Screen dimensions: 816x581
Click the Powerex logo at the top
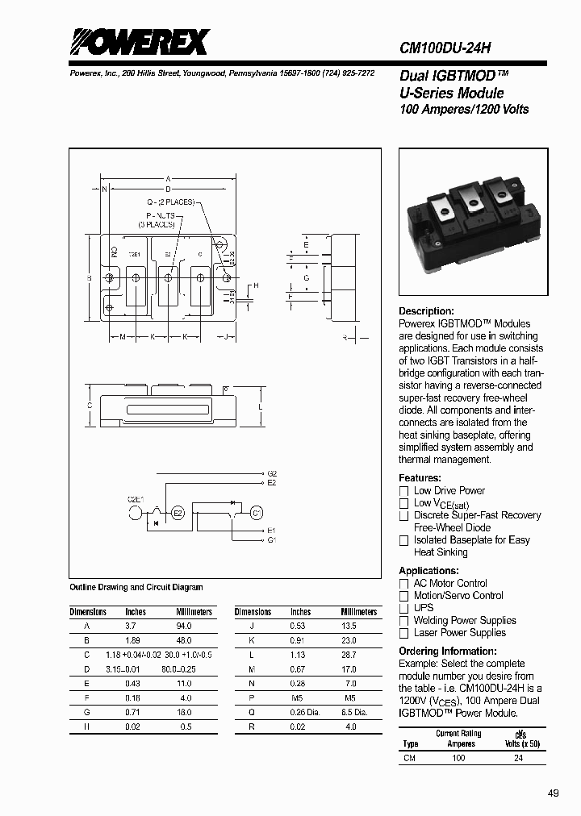139,41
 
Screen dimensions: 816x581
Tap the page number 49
553,793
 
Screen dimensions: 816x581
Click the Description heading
427,311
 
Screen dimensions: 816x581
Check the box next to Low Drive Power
404,491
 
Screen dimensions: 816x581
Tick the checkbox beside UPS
404,608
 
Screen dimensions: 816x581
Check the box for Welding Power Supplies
404,621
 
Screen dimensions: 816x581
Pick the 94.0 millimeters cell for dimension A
183,626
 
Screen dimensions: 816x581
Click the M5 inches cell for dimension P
299,697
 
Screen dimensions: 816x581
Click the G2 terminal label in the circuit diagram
272,473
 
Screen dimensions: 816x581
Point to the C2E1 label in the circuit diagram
135,499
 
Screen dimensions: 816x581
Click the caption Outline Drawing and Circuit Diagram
136,588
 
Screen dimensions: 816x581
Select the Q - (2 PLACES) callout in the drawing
170,202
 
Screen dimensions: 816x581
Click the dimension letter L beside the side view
260,408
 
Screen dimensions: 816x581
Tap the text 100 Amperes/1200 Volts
464,109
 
